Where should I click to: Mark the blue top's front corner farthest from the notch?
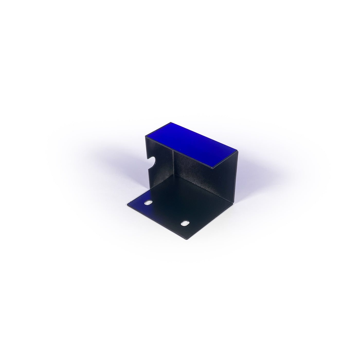(213, 168)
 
